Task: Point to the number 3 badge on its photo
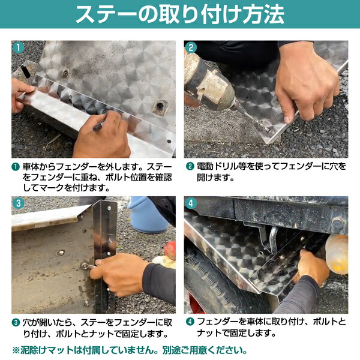click(x=19, y=203)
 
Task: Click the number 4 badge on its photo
click(x=191, y=203)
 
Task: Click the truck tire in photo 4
click(x=204, y=282)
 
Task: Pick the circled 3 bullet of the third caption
click(x=16, y=322)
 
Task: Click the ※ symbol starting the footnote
click(x=16, y=350)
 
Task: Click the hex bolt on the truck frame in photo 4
click(x=337, y=224)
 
